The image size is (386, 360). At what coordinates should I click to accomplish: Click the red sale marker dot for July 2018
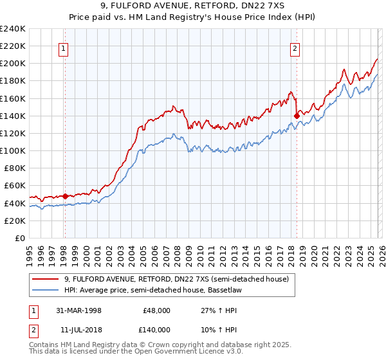pos(297,116)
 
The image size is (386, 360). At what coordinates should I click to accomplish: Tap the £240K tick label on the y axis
pos(12,29)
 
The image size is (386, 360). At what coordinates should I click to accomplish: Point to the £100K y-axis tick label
pos(12,150)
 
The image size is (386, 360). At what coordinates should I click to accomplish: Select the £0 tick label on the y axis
pos(19,238)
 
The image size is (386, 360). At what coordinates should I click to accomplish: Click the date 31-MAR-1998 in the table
pos(78,310)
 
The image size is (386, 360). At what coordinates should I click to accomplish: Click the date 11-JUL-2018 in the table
pos(78,329)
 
